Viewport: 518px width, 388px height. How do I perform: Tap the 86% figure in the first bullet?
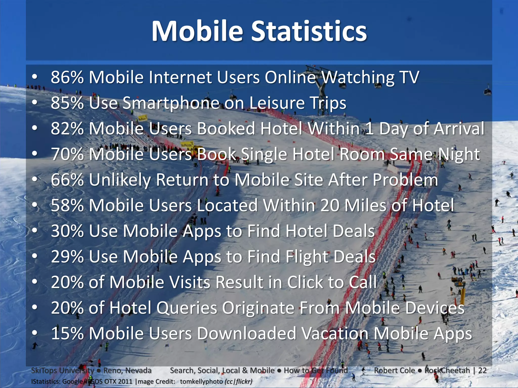[x=67, y=77]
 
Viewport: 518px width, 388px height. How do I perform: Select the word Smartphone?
[x=170, y=103]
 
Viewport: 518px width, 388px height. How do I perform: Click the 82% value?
[x=67, y=129]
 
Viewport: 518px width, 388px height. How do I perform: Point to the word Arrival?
[x=459, y=129]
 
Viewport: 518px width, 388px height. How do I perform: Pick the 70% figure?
[x=67, y=154]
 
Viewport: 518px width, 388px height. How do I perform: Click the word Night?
[x=459, y=155]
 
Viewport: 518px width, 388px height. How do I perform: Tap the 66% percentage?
[x=67, y=180]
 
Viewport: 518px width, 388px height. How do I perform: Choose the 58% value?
[x=67, y=205]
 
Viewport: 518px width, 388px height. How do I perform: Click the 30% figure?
[x=67, y=231]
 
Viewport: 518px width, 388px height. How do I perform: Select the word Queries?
[x=187, y=308]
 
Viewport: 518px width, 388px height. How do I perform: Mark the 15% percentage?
[x=67, y=333]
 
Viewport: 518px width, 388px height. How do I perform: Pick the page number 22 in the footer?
[x=482, y=370]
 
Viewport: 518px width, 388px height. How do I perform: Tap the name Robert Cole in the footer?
[x=394, y=370]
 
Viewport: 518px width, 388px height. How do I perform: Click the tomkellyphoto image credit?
[x=201, y=381]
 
